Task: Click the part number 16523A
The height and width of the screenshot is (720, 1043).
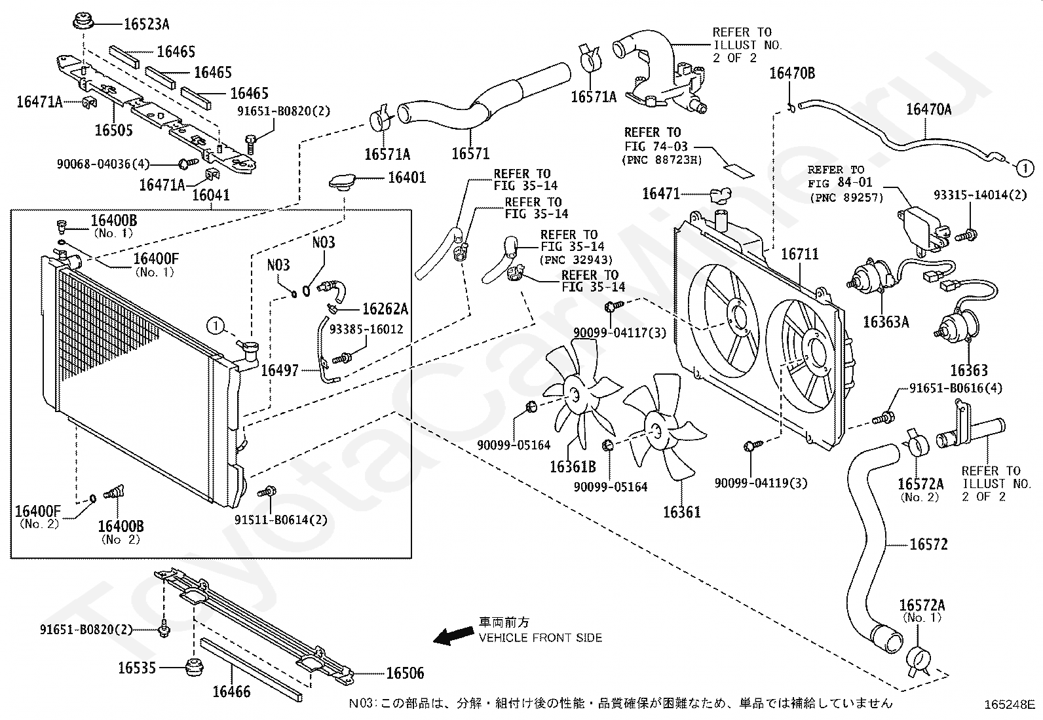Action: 146,24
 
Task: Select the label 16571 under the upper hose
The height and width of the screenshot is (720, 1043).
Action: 470,154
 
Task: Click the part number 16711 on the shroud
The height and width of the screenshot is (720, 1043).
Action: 800,254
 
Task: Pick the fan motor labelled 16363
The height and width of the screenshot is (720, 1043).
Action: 958,326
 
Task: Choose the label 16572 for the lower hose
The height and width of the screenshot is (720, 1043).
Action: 928,544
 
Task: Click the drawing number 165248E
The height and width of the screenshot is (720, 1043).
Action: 1009,705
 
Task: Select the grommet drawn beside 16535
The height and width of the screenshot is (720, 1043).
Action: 193,669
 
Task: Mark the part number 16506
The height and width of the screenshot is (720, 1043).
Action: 404,673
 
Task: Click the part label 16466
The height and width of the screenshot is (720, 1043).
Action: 231,691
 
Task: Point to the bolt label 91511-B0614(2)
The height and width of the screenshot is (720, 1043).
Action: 281,520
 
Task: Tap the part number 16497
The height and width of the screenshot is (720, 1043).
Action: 280,371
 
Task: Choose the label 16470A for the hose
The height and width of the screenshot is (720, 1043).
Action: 928,109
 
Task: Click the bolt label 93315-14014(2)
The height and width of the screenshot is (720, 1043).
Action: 979,195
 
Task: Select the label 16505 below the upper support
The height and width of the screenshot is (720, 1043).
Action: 113,130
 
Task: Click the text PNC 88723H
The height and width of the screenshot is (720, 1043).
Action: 662,159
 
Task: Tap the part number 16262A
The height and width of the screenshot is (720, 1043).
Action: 385,309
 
